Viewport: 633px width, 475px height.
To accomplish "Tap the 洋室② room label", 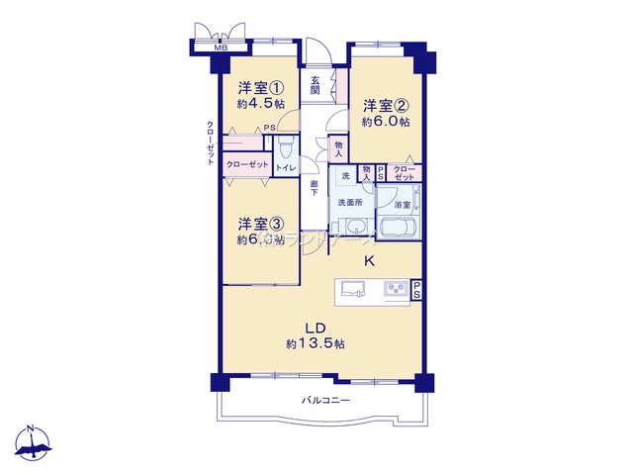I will (x=385, y=106).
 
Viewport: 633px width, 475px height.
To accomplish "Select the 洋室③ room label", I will (x=260, y=224).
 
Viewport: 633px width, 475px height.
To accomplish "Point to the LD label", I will (x=316, y=328).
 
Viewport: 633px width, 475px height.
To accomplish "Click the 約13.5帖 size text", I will (x=316, y=343).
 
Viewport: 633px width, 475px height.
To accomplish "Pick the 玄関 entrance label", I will (x=315, y=85).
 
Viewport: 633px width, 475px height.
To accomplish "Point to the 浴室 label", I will (x=403, y=205).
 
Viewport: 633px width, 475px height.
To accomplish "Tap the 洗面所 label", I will (x=350, y=202).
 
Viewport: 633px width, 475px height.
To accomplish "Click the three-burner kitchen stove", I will (x=398, y=290).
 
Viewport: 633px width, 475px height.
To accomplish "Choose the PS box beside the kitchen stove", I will (x=417, y=290).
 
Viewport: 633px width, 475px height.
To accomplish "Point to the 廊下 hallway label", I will (x=314, y=187).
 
